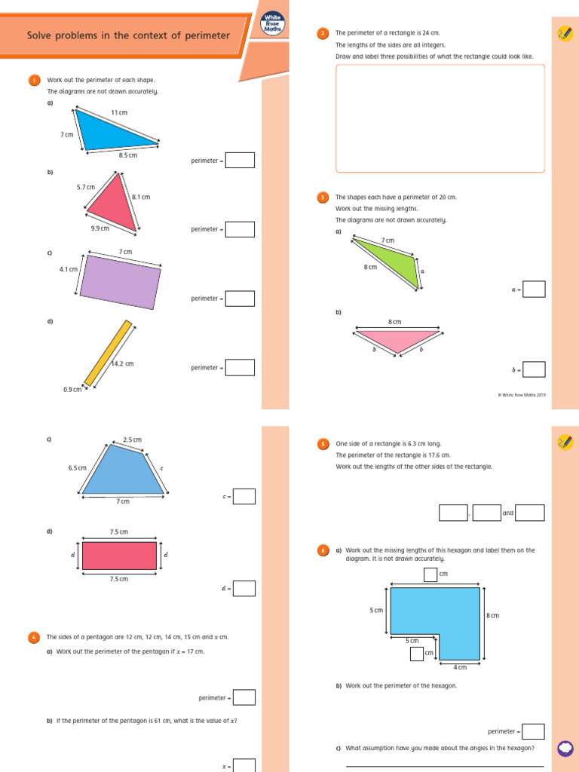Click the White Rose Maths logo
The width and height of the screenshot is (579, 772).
(x=271, y=25)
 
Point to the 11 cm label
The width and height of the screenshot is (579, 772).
(x=119, y=112)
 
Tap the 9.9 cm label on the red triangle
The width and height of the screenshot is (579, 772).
(x=100, y=228)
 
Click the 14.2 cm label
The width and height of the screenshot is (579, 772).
(x=122, y=363)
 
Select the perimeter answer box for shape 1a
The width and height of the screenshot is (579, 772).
(x=240, y=161)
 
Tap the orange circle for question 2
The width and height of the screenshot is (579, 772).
(x=323, y=33)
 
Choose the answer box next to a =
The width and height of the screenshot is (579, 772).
(x=534, y=289)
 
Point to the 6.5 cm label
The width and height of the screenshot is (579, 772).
(x=77, y=467)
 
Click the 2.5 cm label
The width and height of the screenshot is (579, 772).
(x=132, y=440)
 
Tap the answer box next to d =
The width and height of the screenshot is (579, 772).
(x=244, y=588)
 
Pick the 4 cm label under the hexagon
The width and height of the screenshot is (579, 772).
(x=459, y=667)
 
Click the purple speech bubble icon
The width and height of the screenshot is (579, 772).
(x=564, y=748)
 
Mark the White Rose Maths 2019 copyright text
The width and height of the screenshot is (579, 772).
(x=522, y=394)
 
